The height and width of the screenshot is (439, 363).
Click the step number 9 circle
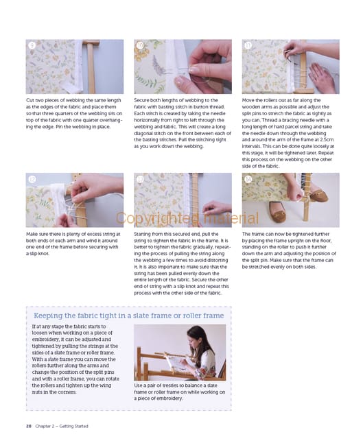point(32,45)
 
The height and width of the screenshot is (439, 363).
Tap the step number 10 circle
point(140,45)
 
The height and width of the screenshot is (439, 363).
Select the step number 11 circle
point(248,45)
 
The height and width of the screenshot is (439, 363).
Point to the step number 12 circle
point(32,179)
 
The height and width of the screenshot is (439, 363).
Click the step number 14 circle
point(248,179)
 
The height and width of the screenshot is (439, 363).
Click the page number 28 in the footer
point(29,426)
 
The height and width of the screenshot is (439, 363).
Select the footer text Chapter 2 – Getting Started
point(62,426)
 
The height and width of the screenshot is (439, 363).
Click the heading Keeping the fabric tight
point(128,316)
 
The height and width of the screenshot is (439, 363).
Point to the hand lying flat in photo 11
point(322,78)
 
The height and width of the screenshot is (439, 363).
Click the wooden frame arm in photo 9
point(91,67)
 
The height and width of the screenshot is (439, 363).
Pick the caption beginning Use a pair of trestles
point(180,392)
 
